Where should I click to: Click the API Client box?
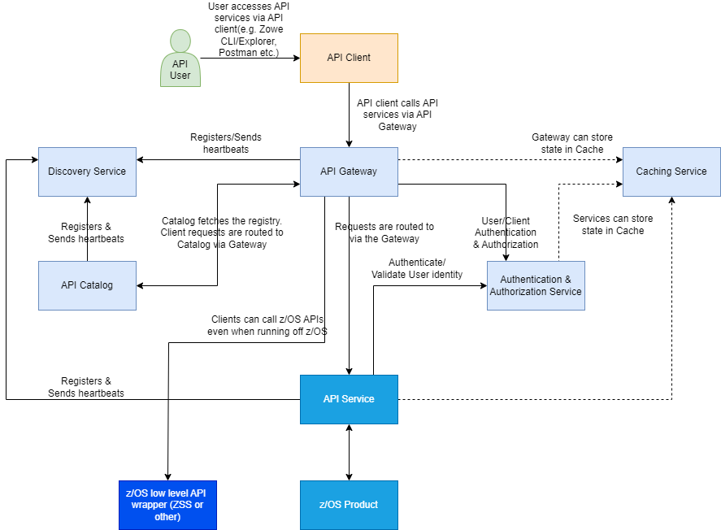click(x=349, y=58)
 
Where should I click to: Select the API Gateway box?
click(x=349, y=172)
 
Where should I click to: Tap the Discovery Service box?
click(x=87, y=172)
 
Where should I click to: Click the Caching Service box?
click(x=671, y=172)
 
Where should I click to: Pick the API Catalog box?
click(x=87, y=285)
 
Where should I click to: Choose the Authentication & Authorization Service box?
click(x=535, y=285)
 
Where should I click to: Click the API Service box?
click(x=349, y=399)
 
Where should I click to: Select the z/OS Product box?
click(x=349, y=505)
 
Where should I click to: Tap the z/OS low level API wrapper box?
click(x=167, y=505)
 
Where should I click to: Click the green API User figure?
click(x=180, y=58)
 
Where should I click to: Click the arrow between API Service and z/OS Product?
click(x=349, y=452)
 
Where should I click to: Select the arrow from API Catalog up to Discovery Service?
click(x=87, y=228)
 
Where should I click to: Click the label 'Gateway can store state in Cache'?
click(x=572, y=144)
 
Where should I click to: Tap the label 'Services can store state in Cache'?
click(x=612, y=224)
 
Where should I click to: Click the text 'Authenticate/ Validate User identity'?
click(x=417, y=268)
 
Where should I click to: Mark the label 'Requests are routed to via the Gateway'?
click(x=384, y=232)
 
